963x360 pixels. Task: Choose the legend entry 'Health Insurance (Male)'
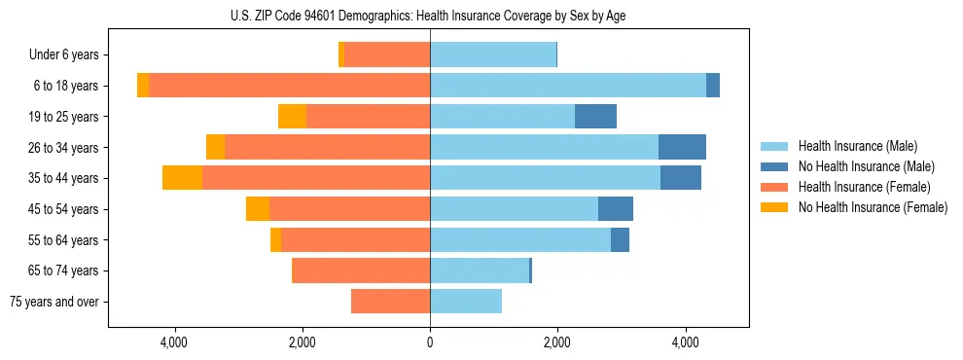click(x=858, y=146)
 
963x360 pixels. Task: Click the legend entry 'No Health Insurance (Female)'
click(x=873, y=207)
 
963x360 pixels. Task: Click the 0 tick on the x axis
click(x=430, y=342)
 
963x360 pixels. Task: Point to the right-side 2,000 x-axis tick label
click(x=557, y=342)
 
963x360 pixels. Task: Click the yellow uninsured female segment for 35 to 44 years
click(x=182, y=178)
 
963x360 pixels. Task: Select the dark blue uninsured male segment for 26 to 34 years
click(x=682, y=147)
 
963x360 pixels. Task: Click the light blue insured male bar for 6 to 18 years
click(x=568, y=86)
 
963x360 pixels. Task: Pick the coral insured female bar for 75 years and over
click(x=390, y=302)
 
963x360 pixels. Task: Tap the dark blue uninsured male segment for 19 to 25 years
click(x=595, y=117)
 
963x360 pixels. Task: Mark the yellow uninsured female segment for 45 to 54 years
click(x=258, y=209)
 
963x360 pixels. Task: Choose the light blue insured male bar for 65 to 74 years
click(x=480, y=270)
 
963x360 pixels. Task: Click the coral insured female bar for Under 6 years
click(x=387, y=54)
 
